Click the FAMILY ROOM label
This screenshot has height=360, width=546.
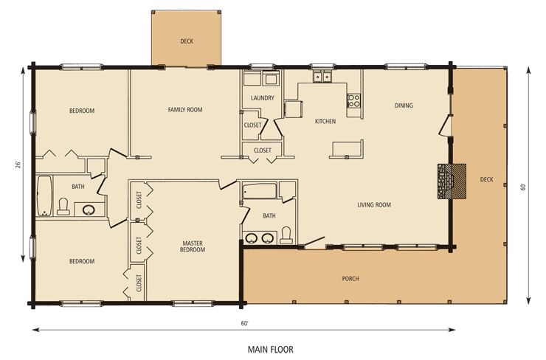coord(184,110)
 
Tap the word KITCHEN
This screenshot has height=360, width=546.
coord(325,121)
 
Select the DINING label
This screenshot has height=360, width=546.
coord(403,105)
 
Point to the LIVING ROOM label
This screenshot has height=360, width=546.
coord(374,205)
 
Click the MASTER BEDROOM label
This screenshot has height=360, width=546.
coord(193,246)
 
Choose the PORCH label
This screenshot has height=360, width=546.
coord(350,279)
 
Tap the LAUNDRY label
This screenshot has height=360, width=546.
coord(263,98)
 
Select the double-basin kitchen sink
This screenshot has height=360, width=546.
coord(322,77)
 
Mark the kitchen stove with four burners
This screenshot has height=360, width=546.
coord(354,100)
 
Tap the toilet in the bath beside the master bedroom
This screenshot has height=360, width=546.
coord(286,235)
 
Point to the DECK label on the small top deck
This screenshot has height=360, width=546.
coord(187,41)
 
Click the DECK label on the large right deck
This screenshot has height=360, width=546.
coord(485,179)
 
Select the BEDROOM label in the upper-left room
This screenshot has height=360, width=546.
coord(82,111)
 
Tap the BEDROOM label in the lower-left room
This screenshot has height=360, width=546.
coord(82,261)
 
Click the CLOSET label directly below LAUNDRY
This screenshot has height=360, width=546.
coord(251,125)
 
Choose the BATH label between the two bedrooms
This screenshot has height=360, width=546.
coord(78,187)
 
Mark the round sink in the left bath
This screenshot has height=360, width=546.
coord(89,210)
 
